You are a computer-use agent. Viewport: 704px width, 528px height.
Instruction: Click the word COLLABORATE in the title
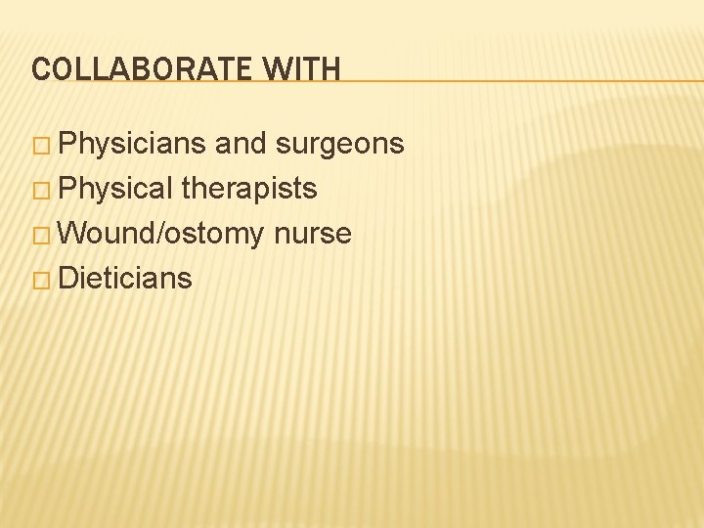140,69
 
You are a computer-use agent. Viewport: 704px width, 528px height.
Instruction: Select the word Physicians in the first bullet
132,145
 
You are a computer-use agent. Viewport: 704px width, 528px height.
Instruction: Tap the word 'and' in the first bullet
241,145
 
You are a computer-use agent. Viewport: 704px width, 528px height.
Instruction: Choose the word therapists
249,189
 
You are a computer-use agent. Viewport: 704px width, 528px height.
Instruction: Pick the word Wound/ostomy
161,234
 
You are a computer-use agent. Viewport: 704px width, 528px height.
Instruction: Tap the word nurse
313,234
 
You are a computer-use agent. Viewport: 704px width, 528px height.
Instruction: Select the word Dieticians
125,279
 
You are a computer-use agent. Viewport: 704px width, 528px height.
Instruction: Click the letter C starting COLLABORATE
39,69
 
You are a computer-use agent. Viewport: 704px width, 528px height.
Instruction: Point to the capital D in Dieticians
68,279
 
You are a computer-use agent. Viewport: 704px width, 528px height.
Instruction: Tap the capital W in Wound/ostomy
73,234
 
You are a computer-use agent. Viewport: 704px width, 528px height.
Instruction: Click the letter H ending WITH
331,69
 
